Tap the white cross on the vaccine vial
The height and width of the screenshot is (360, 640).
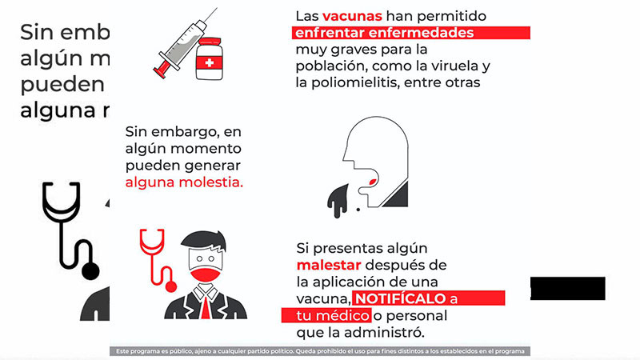[210, 62]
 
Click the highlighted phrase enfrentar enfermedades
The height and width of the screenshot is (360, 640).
[383, 33]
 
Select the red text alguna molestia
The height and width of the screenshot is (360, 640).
[183, 182]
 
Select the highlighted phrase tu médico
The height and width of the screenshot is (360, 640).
[325, 315]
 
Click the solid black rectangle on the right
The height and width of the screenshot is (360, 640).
[567, 289]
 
